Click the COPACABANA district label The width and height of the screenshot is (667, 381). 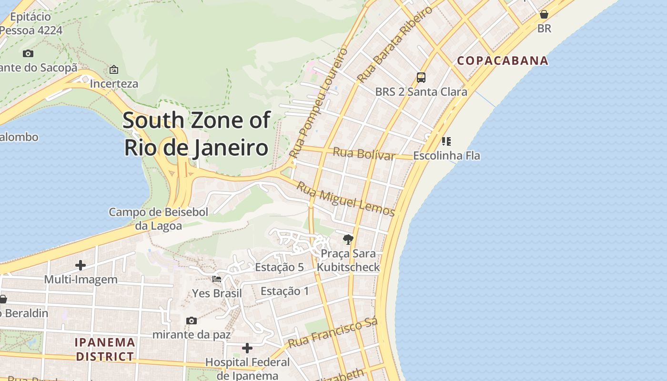pyautogui.click(x=503, y=61)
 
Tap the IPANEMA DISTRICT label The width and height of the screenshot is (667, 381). pyautogui.click(x=105, y=349)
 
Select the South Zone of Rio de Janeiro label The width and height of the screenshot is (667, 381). pyautogui.click(x=196, y=134)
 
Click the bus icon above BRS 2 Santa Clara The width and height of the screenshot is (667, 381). pyautogui.click(x=421, y=77)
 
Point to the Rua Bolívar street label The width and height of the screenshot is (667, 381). pyautogui.click(x=364, y=154)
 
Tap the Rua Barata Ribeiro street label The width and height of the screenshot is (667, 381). pyautogui.click(x=395, y=43)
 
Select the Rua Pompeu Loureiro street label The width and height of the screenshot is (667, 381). pyautogui.click(x=318, y=103)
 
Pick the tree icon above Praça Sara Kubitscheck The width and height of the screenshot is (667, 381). pyautogui.click(x=348, y=240)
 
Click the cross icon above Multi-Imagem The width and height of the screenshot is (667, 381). pyautogui.click(x=81, y=265)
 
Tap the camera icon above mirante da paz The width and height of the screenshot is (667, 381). pyautogui.click(x=192, y=321)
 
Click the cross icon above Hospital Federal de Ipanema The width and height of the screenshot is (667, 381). pyautogui.click(x=247, y=348)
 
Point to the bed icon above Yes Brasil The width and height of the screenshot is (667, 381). pyautogui.click(x=217, y=279)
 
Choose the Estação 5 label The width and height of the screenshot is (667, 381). pyautogui.click(x=279, y=267)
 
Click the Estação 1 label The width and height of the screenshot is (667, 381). pyautogui.click(x=284, y=291)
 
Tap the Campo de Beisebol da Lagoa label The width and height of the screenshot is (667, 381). pyautogui.click(x=158, y=219)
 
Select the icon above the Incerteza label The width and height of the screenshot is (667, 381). pyautogui.click(x=114, y=70)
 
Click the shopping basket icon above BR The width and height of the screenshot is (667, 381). pyautogui.click(x=544, y=14)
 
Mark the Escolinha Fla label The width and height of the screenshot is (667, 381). pyautogui.click(x=446, y=156)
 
